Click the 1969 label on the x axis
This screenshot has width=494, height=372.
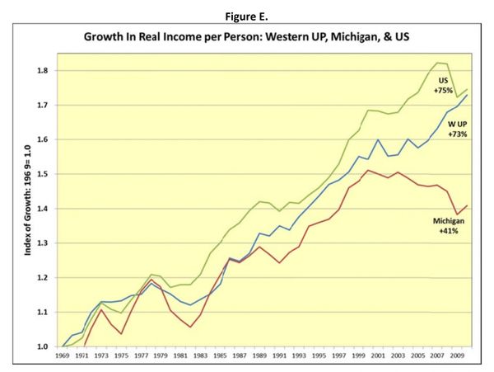(62, 358)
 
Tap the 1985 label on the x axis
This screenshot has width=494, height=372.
(220, 358)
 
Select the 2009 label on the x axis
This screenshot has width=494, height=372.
(456, 358)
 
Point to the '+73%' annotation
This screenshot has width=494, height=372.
(459, 133)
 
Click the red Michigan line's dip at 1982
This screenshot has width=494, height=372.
(190, 327)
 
